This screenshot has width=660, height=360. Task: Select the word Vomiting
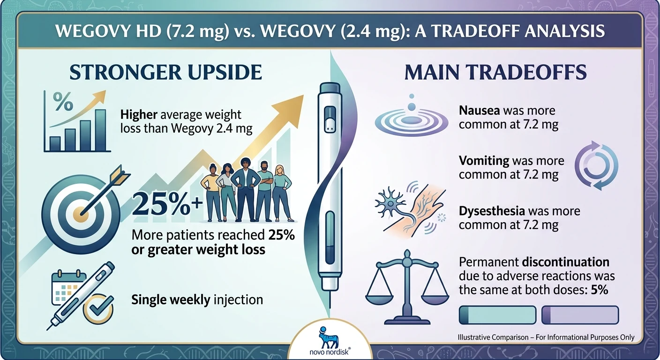(x=484, y=161)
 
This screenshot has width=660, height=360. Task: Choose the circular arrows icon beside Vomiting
(x=596, y=166)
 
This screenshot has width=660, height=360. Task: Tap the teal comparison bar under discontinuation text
(x=497, y=315)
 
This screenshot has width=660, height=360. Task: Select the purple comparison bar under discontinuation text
(x=580, y=315)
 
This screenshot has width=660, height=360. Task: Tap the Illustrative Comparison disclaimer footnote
(x=547, y=337)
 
